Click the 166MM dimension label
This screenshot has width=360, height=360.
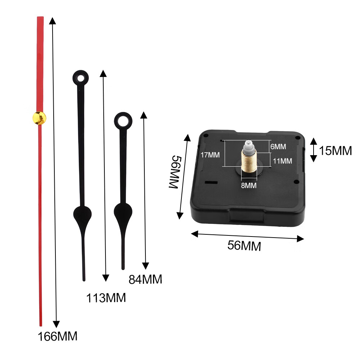pos(58,337)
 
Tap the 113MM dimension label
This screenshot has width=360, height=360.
pos(106,298)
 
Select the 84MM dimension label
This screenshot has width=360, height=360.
pos(145,279)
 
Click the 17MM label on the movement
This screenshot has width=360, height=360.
pos(210,155)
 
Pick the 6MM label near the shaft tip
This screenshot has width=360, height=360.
pos(278,147)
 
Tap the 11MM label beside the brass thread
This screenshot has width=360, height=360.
pos(282,161)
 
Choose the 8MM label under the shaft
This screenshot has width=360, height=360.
pos(248,185)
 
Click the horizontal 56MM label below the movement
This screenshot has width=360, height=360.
pos(244,246)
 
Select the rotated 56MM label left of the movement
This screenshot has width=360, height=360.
pos(176,172)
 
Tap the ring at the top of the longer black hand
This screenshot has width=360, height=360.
pos(81,78)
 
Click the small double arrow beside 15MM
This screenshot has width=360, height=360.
pos(314,149)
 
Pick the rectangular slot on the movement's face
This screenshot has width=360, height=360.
pos(211,183)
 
